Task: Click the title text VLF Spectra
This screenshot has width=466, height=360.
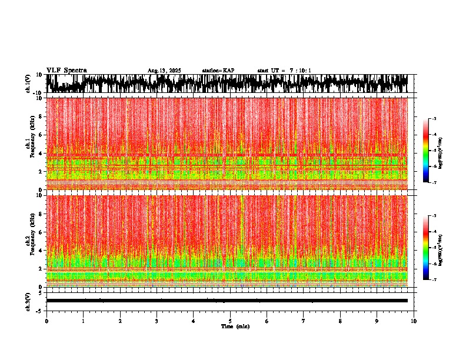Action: click(66, 70)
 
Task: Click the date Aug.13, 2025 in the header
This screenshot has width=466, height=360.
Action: click(164, 71)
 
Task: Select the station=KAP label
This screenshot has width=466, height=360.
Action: click(218, 71)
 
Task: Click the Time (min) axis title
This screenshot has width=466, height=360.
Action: click(235, 326)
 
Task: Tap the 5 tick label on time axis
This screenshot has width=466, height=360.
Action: click(230, 321)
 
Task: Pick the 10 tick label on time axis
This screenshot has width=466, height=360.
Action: click(414, 321)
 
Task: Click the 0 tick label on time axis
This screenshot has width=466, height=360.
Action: click(46, 321)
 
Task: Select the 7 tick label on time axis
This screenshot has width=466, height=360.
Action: click(304, 321)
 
